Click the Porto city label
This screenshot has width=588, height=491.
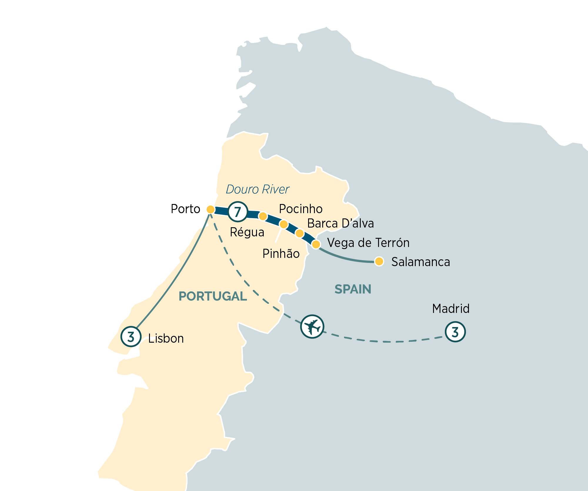(185, 209)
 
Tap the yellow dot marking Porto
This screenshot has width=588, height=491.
(211, 210)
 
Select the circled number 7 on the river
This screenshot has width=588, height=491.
(238, 211)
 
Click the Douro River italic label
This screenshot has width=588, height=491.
(258, 189)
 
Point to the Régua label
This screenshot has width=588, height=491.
(247, 232)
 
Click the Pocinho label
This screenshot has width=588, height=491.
(300, 209)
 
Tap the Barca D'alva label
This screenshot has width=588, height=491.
(340, 223)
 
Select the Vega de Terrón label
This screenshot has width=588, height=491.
(368, 243)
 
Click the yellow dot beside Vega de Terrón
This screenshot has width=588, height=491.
(316, 244)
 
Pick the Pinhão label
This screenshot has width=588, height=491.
(281, 254)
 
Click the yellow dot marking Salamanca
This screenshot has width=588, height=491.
(379, 261)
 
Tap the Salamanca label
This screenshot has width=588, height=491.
(420, 262)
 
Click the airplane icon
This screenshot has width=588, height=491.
(312, 326)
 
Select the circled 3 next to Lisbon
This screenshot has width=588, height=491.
(131, 336)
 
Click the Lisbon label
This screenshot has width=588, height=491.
(166, 339)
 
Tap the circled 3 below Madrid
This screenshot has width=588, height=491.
(455, 332)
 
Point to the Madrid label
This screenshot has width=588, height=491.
(451, 309)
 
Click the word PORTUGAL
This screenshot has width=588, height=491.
(213, 296)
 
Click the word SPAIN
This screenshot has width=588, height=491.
(353, 289)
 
